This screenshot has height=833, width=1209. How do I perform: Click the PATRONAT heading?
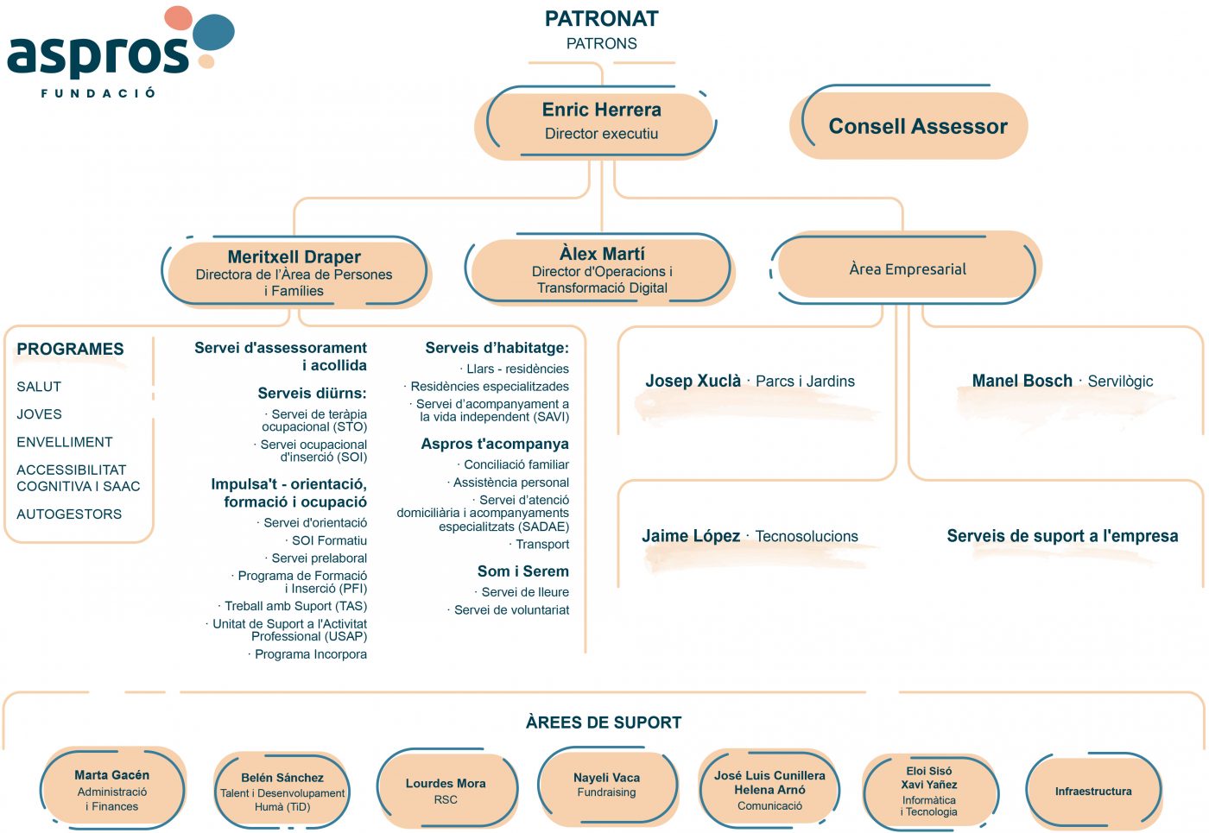click(601, 19)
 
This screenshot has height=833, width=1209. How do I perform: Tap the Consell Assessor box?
click(909, 124)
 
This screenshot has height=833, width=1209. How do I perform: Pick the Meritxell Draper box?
click(295, 271)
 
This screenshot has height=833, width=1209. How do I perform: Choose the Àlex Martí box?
click(599, 269)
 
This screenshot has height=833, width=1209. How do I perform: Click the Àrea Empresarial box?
click(906, 268)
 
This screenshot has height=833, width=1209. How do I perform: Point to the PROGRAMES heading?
click(70, 349)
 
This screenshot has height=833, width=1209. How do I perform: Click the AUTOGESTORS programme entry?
click(69, 514)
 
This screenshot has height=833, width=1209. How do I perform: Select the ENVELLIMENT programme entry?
click(65, 442)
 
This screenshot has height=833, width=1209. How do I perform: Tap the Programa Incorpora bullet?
click(307, 654)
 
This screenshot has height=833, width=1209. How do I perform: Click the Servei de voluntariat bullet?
click(509, 610)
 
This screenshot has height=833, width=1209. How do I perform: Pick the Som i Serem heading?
click(523, 571)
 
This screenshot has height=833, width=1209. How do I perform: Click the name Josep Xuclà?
click(693, 381)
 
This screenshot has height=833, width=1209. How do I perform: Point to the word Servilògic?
click(1120, 382)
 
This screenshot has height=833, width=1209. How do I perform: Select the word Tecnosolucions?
click(807, 536)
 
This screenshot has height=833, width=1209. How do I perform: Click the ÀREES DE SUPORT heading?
click(604, 723)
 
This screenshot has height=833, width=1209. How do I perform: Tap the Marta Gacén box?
click(113, 789)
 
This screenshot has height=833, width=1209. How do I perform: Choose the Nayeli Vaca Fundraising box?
click(607, 786)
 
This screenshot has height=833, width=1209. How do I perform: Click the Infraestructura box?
click(1093, 791)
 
